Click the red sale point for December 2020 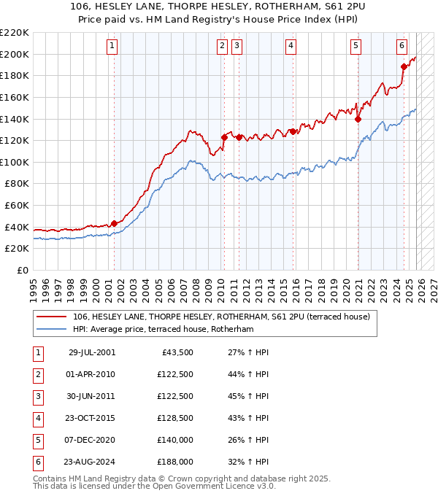[358, 120]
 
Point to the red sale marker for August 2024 [404, 66]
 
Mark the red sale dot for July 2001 [114, 223]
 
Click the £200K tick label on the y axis [15, 54]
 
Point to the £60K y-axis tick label [17, 206]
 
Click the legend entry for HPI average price [162, 330]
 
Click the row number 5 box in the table [36, 440]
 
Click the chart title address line [219, 7]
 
